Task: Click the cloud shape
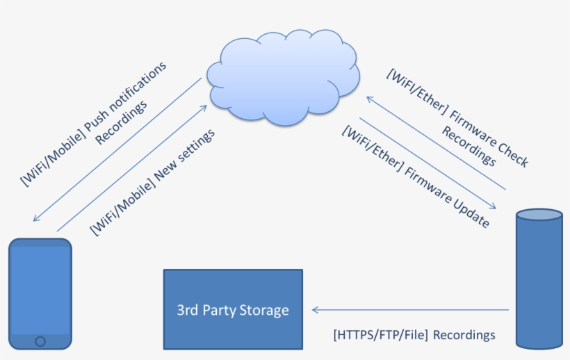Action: pos(283,78)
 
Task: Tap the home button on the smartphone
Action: pos(40,341)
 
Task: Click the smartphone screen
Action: pos(40,291)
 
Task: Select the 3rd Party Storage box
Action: pos(233,309)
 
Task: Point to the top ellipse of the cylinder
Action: pos(539,214)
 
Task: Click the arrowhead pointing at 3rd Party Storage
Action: pos(316,310)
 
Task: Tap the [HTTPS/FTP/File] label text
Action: pos(381,334)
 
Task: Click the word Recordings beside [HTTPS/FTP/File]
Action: pos(464,334)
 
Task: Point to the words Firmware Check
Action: pos(489,138)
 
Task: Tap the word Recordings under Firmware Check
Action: pos(469,146)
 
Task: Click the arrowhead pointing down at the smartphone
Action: pos(36,218)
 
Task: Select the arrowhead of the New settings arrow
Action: pos(204,108)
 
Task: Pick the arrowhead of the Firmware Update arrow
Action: pos(493,206)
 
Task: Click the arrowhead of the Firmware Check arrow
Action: pos(370,99)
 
